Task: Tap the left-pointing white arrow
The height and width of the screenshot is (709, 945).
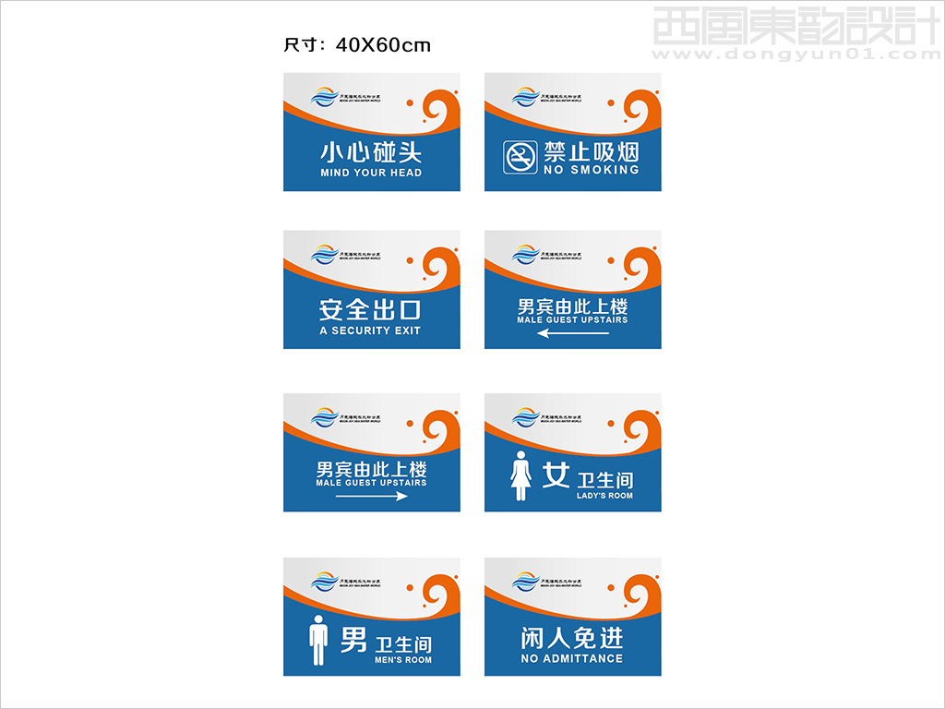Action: point(572,333)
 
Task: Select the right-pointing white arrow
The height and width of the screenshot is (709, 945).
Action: point(371,496)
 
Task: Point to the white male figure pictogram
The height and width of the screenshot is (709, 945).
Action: point(319,641)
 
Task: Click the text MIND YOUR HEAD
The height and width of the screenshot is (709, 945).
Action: point(371,173)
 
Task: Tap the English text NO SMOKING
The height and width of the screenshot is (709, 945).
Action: point(592,170)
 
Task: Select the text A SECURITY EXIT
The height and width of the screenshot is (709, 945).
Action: point(370,330)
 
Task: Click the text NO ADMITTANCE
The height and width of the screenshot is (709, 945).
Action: point(572,658)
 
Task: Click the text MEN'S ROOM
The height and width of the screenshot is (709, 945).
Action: point(403,660)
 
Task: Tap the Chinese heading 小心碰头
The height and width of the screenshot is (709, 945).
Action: point(371,151)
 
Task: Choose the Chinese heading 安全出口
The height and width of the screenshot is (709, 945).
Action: point(370,309)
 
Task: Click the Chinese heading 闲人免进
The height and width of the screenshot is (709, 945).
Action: point(572,638)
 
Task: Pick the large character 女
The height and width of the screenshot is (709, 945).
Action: point(556,475)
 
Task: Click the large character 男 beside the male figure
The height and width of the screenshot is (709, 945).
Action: point(353,640)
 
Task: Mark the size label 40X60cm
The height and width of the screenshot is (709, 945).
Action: point(383,45)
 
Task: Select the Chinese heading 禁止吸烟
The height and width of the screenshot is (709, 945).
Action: point(592,150)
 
